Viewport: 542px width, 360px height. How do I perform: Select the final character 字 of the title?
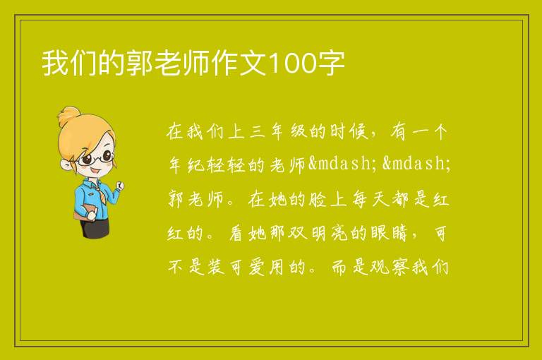coord(331,64)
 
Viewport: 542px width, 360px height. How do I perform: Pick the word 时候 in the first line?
coord(349,131)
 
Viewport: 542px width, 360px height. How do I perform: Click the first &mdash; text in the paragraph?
coord(339,163)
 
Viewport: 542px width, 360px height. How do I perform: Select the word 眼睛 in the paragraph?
coord(390,233)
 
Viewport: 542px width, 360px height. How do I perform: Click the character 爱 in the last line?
coord(257,267)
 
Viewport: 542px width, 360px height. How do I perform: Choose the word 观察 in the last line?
coord(390,267)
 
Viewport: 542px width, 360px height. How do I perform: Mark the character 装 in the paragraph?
coord(217,267)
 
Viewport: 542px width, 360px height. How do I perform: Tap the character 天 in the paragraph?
coord(380,200)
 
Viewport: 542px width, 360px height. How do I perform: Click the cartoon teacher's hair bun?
coord(68,116)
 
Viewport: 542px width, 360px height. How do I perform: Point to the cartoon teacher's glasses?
coord(95,157)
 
